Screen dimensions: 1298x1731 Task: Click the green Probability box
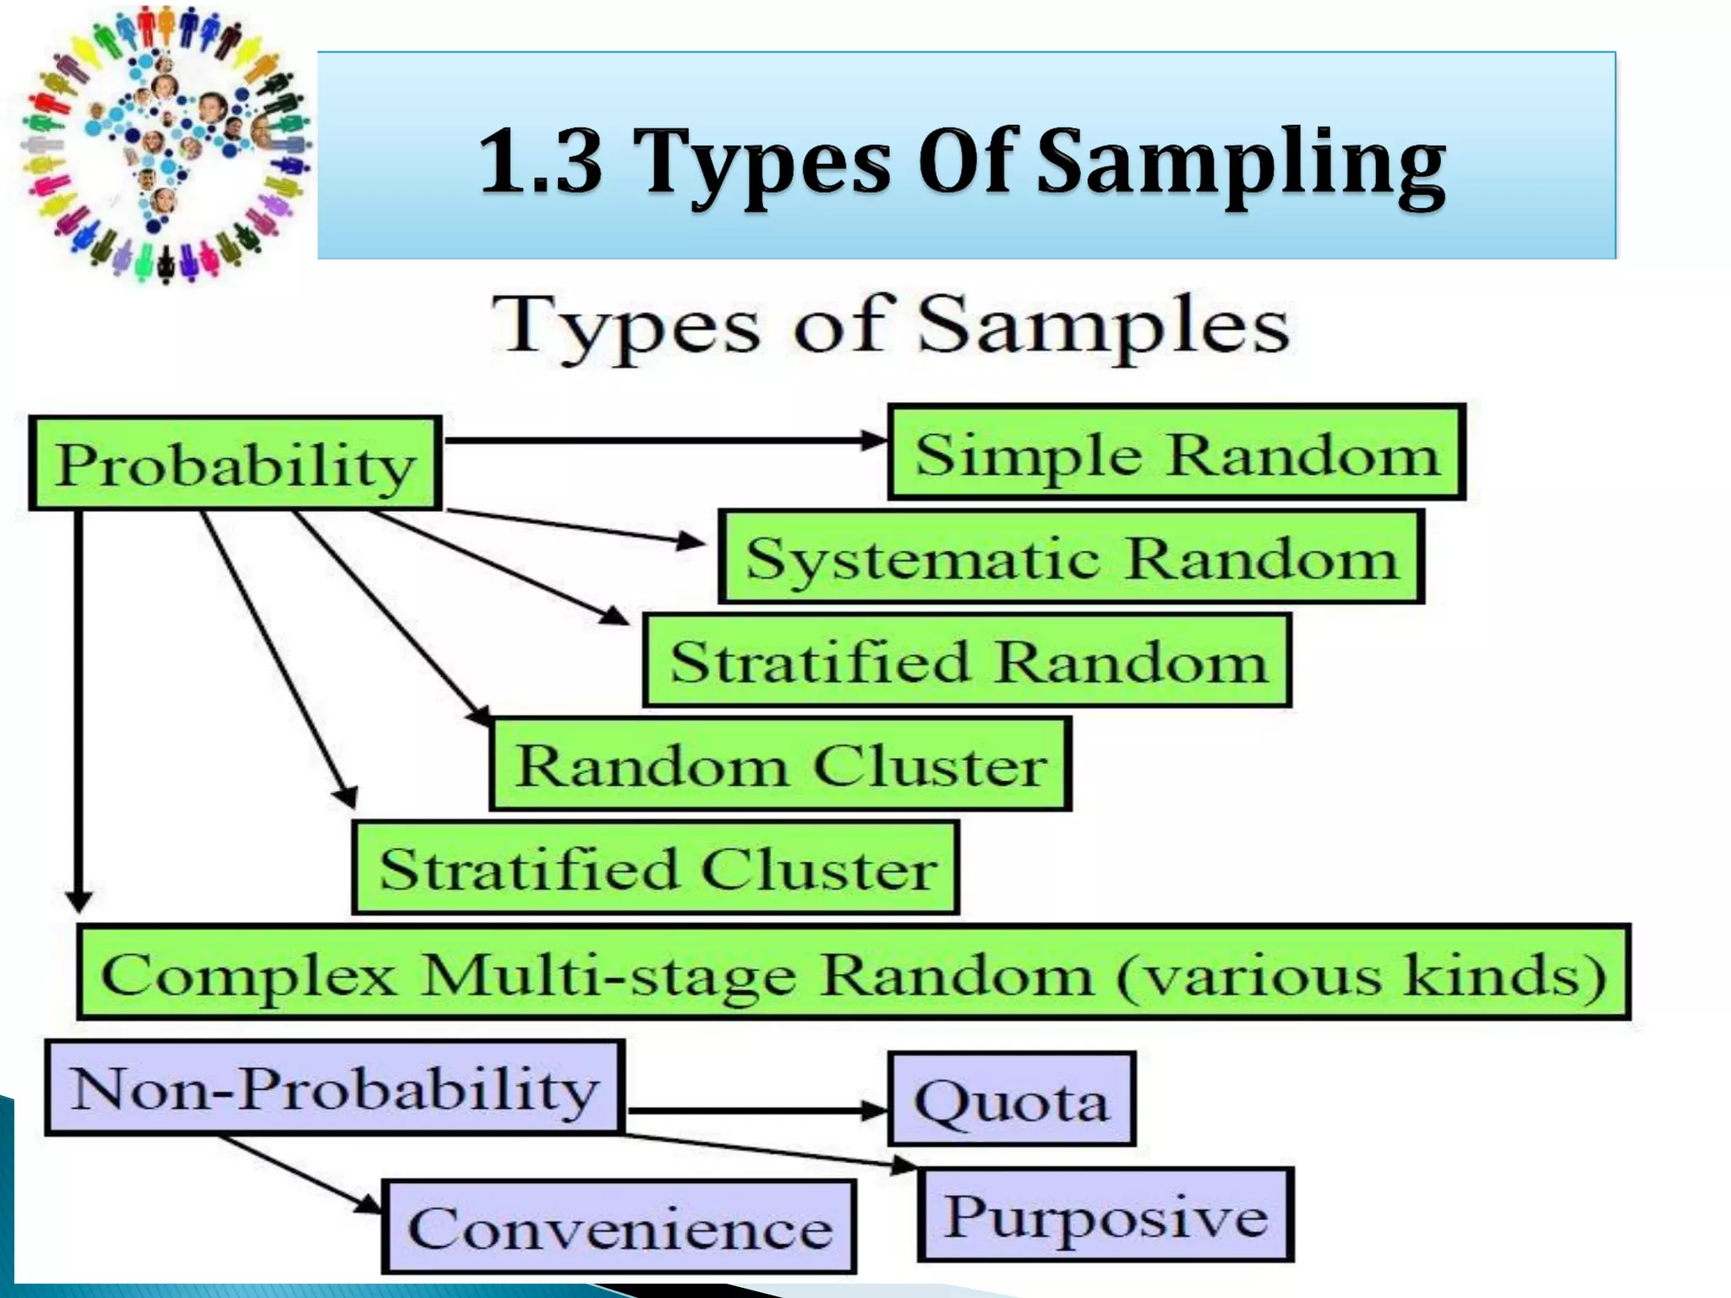click(x=235, y=463)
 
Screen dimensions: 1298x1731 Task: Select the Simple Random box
click(x=1176, y=453)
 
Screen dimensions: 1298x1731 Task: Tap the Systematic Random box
click(x=1071, y=557)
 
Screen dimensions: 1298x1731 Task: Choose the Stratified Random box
click(x=967, y=661)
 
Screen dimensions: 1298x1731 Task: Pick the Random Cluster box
click(x=780, y=765)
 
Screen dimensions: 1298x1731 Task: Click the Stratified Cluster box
click(x=656, y=868)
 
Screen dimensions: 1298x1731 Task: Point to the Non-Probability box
click(x=335, y=1088)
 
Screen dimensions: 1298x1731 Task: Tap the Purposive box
click(x=1106, y=1215)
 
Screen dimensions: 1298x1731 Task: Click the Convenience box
click(x=620, y=1227)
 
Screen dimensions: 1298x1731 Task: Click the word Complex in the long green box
click(x=248, y=974)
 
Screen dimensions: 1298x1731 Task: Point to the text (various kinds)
click(x=1361, y=974)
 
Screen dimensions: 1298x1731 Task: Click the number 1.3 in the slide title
click(x=541, y=160)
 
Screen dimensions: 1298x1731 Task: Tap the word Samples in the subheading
click(x=1103, y=326)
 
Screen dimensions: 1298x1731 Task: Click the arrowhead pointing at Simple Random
click(x=874, y=440)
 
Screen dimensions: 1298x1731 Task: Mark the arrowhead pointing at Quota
click(x=874, y=1110)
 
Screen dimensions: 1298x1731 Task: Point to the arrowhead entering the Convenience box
click(x=369, y=1204)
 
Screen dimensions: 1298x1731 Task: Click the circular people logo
click(x=165, y=144)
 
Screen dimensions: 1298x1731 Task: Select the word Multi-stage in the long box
click(x=609, y=974)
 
